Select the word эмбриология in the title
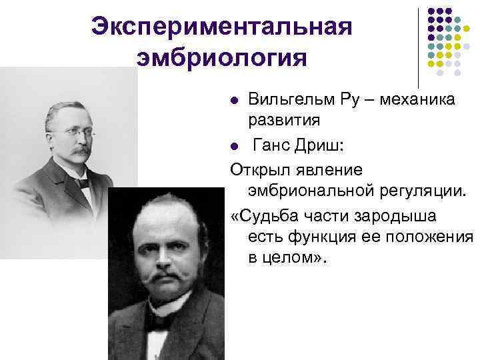(221, 59)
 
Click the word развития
(284, 121)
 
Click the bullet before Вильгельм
(233, 101)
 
